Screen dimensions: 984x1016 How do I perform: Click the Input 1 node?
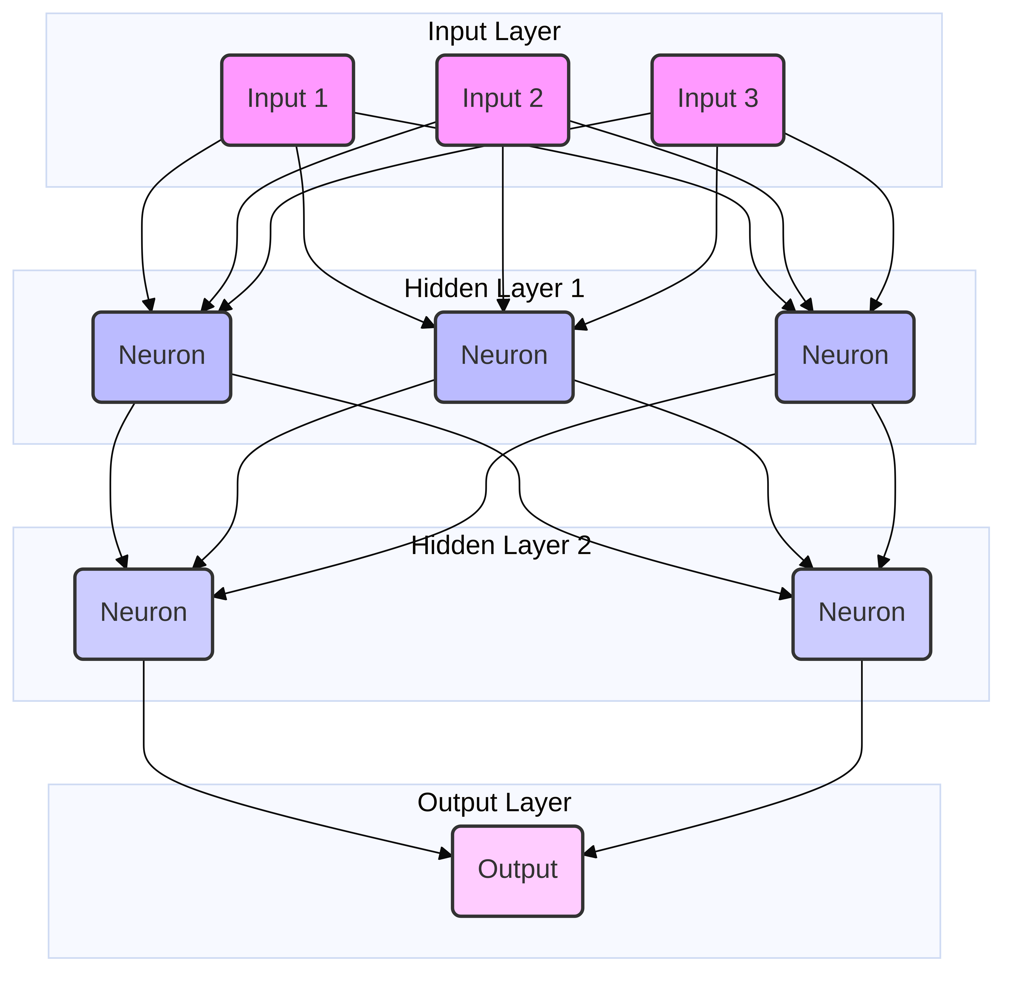point(288,100)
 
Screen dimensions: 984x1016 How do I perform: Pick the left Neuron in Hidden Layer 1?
point(162,357)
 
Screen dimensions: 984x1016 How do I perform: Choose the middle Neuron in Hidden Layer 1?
point(504,357)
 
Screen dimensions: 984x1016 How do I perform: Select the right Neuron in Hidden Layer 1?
point(845,357)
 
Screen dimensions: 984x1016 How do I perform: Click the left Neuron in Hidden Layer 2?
point(144,614)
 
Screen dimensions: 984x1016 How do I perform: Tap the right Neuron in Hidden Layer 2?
point(861,614)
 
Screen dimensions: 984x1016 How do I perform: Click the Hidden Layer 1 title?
point(494,289)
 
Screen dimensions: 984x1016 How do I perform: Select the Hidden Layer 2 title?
point(501,546)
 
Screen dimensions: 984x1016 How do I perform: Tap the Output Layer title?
point(494,803)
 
